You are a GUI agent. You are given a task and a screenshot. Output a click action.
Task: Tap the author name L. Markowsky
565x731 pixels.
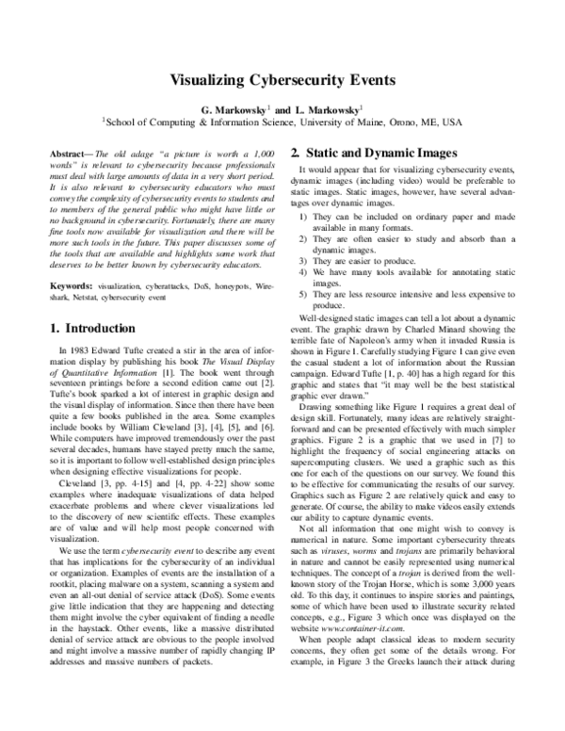click(325, 110)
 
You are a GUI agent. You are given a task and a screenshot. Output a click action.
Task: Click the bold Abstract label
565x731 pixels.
click(67, 152)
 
